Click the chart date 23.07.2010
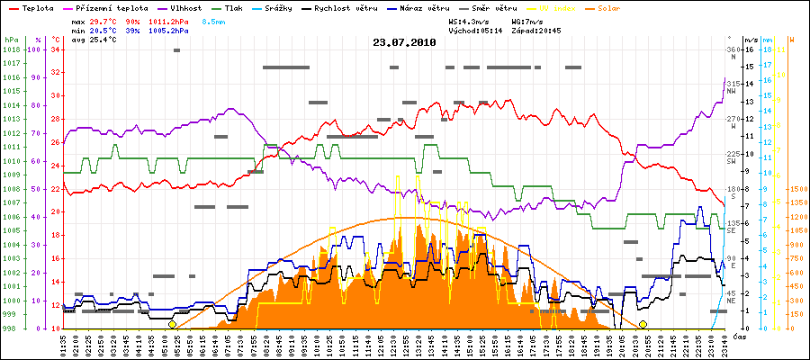[404, 42]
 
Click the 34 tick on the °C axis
[56, 49]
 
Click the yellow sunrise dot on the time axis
[172, 324]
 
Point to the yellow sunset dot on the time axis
[643, 324]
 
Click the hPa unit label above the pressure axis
[12, 40]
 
